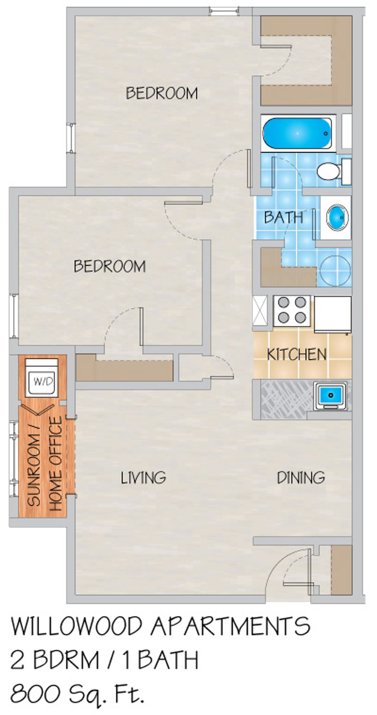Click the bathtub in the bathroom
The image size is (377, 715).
(x=297, y=133)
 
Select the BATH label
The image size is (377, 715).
(x=283, y=217)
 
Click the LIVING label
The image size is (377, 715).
(x=143, y=477)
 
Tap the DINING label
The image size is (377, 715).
(x=301, y=477)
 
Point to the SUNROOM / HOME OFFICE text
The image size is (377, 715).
(x=45, y=463)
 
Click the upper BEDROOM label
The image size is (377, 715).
(x=162, y=93)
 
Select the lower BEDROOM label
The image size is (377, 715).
(x=110, y=266)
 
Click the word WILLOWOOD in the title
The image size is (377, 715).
(x=77, y=626)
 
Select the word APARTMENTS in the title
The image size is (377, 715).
(x=230, y=626)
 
